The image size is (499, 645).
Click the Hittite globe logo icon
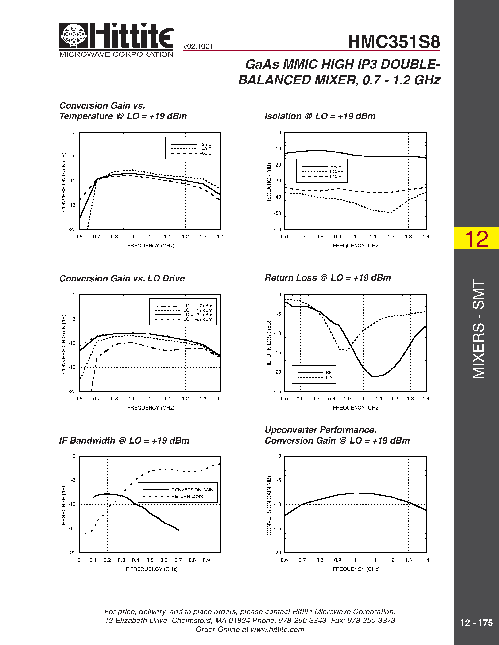[x=73, y=36]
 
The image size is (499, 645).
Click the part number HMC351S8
[x=394, y=42]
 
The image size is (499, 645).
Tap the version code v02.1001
[x=198, y=46]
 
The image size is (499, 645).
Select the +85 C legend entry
[x=205, y=153]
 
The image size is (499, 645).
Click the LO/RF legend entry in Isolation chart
[x=337, y=172]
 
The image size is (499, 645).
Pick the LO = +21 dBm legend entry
[x=197, y=315]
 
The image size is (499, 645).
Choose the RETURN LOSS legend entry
[x=187, y=497]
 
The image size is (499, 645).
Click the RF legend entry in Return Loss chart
[x=329, y=373]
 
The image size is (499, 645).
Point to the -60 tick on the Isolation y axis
[x=278, y=229]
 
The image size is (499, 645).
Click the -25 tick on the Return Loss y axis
[x=278, y=392]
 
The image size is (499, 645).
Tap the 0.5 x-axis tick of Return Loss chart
[x=284, y=399]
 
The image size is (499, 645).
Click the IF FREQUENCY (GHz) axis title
[x=151, y=569]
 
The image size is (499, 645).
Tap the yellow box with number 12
[x=476, y=238]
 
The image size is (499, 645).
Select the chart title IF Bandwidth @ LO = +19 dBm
[x=124, y=441]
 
